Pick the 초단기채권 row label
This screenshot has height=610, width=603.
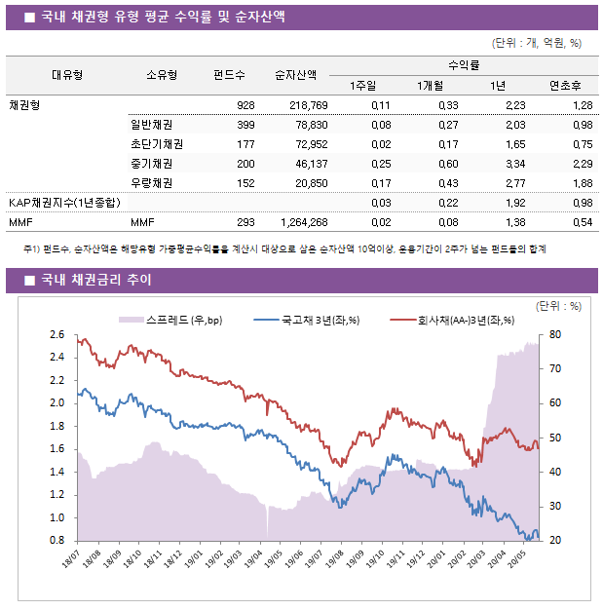pyautogui.click(x=156, y=144)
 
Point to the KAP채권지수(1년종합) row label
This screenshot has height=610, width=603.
pyautogui.click(x=64, y=203)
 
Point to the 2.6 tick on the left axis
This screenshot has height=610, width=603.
pyautogui.click(x=57, y=334)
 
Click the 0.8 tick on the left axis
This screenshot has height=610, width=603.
pyautogui.click(x=57, y=541)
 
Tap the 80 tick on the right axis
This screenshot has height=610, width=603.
pyautogui.click(x=555, y=334)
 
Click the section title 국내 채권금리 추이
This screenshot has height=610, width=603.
pyautogui.click(x=95, y=281)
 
